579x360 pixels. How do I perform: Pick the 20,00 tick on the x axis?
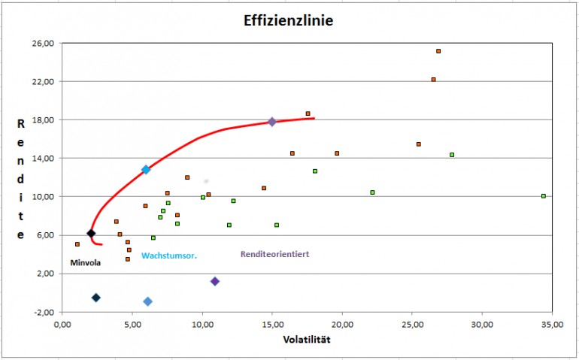[x=342, y=325]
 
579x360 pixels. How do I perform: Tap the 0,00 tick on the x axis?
[x=62, y=325]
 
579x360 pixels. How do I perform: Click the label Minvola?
[x=85, y=263]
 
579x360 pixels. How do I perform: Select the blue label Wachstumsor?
[x=169, y=256]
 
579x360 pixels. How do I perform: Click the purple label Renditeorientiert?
[x=274, y=254]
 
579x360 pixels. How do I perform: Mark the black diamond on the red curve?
[x=91, y=234]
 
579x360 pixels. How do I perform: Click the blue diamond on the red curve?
[x=146, y=170]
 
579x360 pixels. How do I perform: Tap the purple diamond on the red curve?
[x=272, y=122]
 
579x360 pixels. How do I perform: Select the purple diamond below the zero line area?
[x=215, y=281]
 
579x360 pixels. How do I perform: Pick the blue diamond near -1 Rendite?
[x=147, y=301]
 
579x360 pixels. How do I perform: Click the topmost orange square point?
[x=438, y=51]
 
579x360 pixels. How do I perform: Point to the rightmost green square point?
[x=543, y=196]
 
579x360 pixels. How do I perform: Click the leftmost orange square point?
[x=77, y=244]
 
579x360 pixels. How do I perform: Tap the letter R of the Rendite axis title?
[x=21, y=124]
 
